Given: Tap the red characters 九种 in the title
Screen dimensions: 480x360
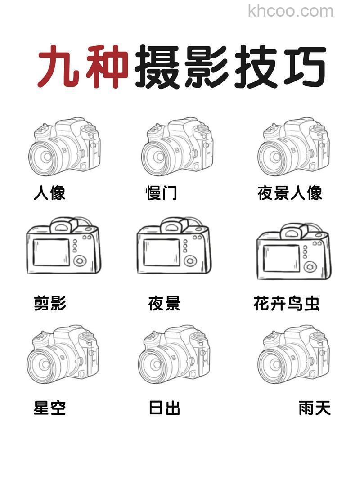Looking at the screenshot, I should click(x=83, y=67).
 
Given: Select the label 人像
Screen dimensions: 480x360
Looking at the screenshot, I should click(x=49, y=193).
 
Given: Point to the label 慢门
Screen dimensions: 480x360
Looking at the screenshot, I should click(x=161, y=193).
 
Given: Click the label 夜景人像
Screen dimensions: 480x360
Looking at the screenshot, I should click(x=290, y=193).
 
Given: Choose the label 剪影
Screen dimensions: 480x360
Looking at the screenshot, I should click(x=50, y=304).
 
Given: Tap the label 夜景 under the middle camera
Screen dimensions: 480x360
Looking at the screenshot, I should click(x=164, y=304).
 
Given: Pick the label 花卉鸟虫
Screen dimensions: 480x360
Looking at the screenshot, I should click(x=287, y=304).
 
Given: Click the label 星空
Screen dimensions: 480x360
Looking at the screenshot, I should click(x=50, y=408).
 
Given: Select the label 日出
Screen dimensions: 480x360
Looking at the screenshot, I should click(x=164, y=408).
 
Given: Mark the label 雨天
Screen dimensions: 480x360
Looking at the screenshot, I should click(x=315, y=408).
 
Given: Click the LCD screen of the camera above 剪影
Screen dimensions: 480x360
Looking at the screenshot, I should click(x=51, y=252).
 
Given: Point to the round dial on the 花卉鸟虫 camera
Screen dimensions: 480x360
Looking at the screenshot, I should click(x=310, y=266).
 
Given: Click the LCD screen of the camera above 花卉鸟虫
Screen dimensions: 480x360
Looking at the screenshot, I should click(x=281, y=258).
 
